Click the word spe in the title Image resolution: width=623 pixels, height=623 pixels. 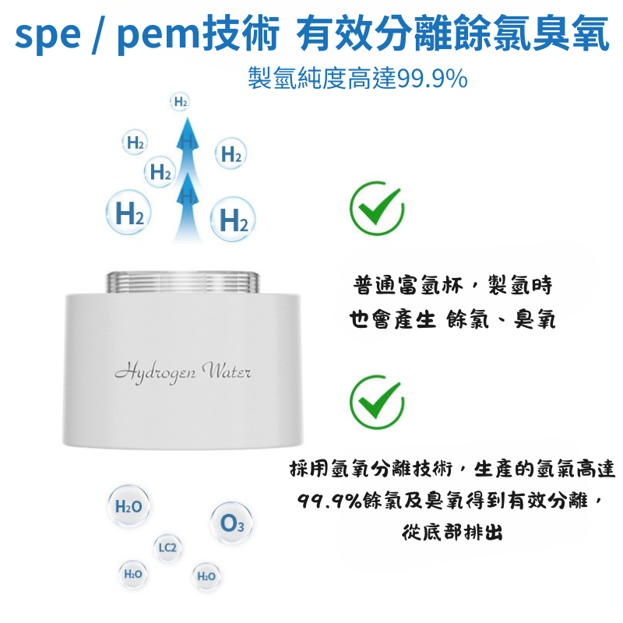(x=48, y=36)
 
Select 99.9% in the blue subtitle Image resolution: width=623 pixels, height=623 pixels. (x=432, y=79)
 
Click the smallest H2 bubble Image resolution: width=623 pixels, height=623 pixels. (x=180, y=102)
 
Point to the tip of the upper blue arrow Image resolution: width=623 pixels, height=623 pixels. (x=188, y=118)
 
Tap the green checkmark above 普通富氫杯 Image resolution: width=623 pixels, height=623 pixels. (x=377, y=208)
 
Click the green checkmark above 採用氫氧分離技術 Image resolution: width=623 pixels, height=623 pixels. (x=377, y=402)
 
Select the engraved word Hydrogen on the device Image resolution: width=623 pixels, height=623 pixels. (x=155, y=373)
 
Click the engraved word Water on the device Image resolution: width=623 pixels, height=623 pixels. (x=227, y=371)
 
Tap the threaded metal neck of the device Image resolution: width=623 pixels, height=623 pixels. (x=183, y=283)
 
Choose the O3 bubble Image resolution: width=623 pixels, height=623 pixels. (x=231, y=523)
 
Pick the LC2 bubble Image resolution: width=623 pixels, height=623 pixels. (x=167, y=548)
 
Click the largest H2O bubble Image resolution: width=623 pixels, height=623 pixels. (x=128, y=506)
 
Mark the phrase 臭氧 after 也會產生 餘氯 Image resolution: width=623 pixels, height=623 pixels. (x=534, y=319)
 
